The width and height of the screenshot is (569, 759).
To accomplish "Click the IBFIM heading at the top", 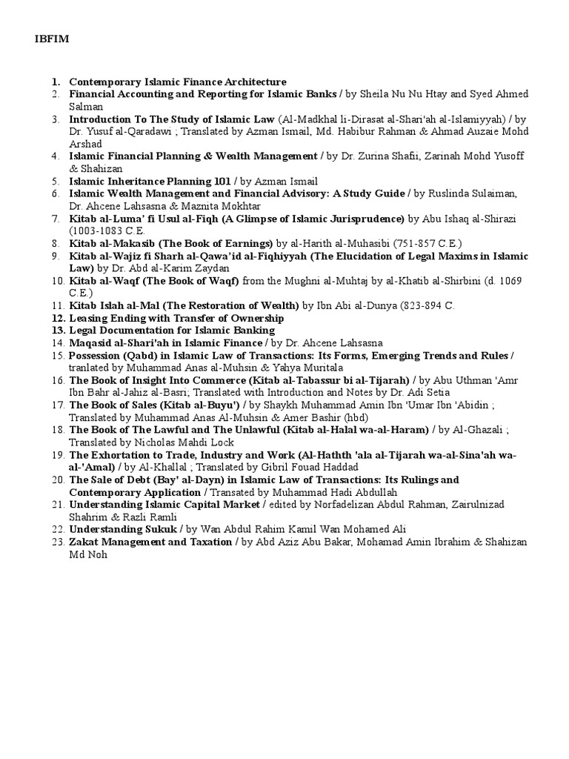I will tap(50, 39).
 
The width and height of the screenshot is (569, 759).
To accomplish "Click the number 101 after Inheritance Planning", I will tap(219, 181).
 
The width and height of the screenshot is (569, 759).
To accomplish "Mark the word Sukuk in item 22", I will tap(160, 529).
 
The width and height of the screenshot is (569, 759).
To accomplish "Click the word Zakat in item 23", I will tap(84, 542).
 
